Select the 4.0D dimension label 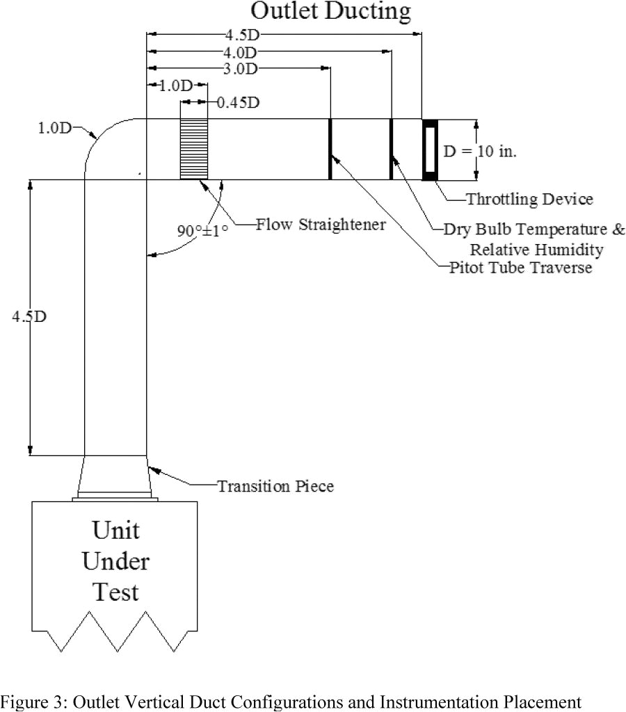(x=241, y=52)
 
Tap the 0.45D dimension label (x=238, y=103)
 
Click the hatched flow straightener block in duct (x=194, y=149)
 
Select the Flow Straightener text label (x=321, y=225)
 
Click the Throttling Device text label (x=529, y=199)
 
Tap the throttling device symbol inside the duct (x=430, y=149)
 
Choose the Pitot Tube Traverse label (x=521, y=267)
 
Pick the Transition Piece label (x=275, y=486)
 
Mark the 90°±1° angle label (x=202, y=230)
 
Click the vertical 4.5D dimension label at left (x=29, y=316)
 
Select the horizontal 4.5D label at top (x=241, y=35)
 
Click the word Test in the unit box (x=115, y=592)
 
